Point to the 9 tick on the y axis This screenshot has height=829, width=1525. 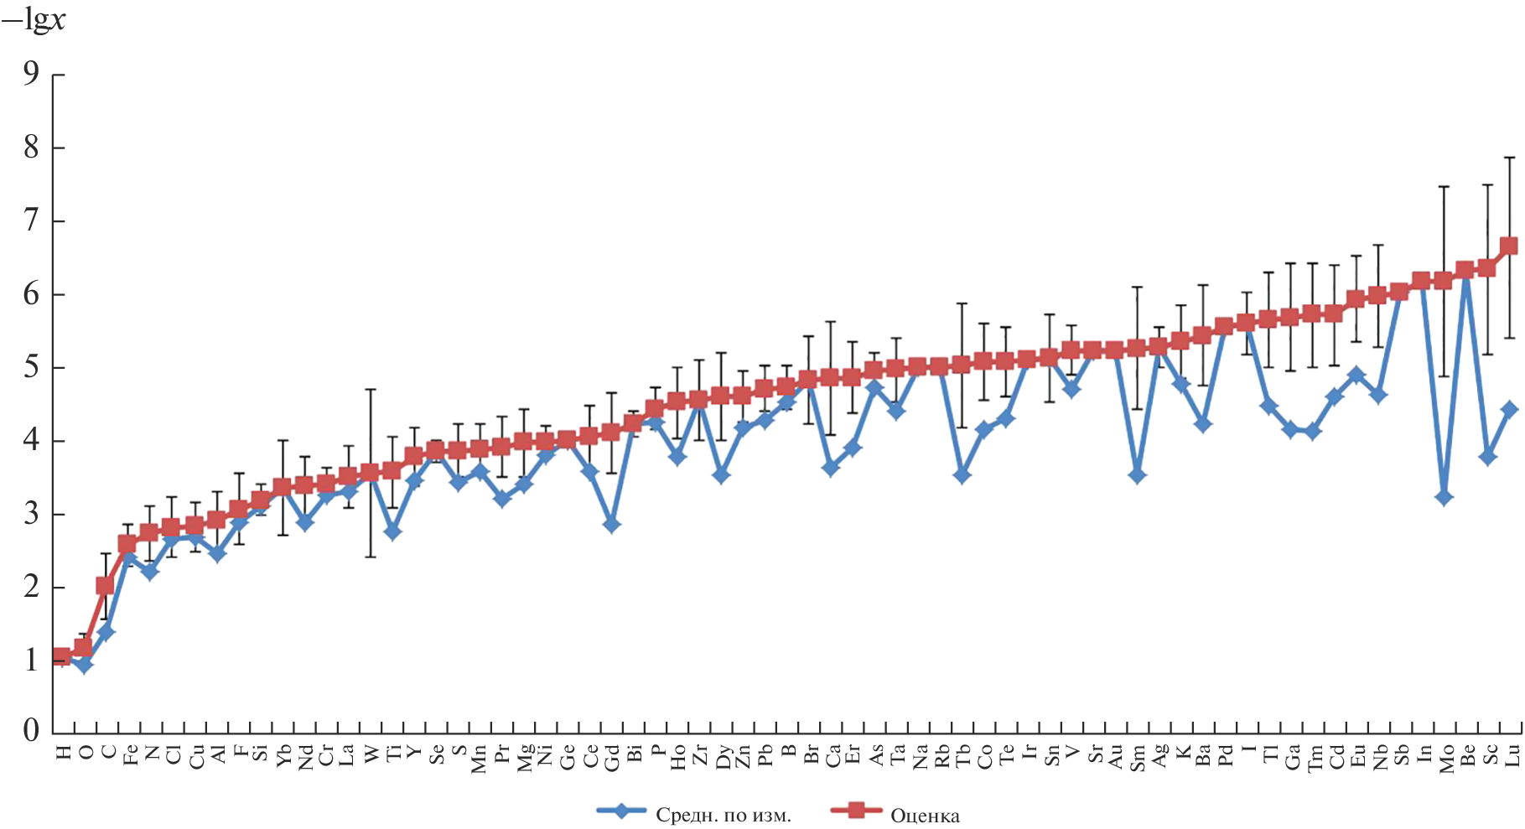click(x=31, y=75)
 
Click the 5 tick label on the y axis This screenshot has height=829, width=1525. click(x=31, y=368)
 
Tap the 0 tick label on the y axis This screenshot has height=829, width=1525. click(x=31, y=731)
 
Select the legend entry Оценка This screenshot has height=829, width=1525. click(x=924, y=816)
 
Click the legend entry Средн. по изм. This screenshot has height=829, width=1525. click(x=723, y=816)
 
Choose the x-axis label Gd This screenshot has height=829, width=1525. click(x=611, y=758)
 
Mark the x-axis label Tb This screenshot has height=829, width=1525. click(x=962, y=758)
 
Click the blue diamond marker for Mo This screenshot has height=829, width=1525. click(x=1445, y=497)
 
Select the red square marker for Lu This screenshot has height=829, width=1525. click(x=1509, y=246)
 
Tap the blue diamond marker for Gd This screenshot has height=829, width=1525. click(x=611, y=525)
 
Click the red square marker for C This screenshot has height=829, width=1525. click(x=105, y=585)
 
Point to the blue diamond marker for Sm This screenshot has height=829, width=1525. click(x=1137, y=475)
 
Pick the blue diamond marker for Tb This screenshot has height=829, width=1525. click(x=962, y=475)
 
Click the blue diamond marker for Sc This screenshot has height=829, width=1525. click(x=1488, y=457)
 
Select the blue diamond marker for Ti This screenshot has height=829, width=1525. click(x=392, y=531)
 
